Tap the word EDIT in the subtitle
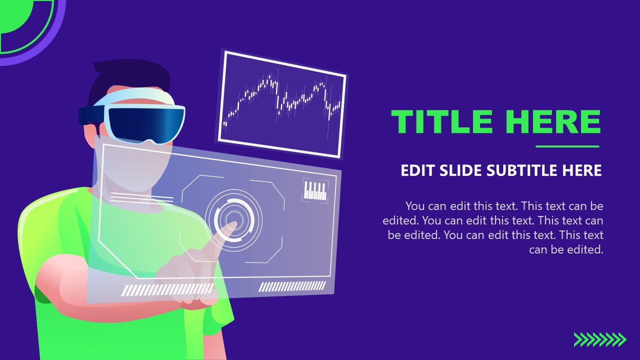418,170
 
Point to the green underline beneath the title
567,146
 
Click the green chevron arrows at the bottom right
599,339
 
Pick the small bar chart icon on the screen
315,190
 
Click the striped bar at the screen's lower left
168,290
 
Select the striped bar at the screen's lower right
292,286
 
